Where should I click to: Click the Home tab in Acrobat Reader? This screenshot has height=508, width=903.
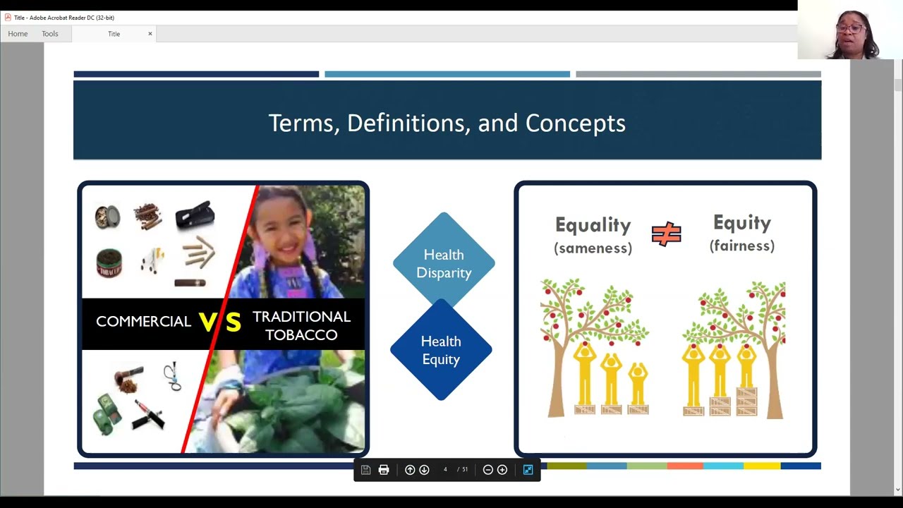(x=18, y=34)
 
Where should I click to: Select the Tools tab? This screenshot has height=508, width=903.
(x=49, y=34)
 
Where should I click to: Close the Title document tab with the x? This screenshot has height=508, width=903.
(x=150, y=34)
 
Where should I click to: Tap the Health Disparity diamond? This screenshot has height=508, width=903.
(x=444, y=263)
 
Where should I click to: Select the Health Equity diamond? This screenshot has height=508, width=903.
(x=441, y=350)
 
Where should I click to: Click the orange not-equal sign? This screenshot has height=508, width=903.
(x=666, y=234)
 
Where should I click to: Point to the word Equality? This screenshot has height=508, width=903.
(x=593, y=225)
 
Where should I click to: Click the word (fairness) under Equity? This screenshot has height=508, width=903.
(x=742, y=246)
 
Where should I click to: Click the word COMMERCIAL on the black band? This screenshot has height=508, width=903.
(x=143, y=322)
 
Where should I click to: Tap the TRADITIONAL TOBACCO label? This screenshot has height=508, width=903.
(x=301, y=325)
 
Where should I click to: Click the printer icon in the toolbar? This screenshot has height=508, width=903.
(x=384, y=470)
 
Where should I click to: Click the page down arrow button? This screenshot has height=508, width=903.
(x=424, y=470)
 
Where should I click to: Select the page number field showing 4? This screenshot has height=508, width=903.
(x=445, y=470)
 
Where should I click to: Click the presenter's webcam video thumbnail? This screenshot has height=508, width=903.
(x=850, y=30)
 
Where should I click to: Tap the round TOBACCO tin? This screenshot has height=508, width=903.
(x=109, y=263)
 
